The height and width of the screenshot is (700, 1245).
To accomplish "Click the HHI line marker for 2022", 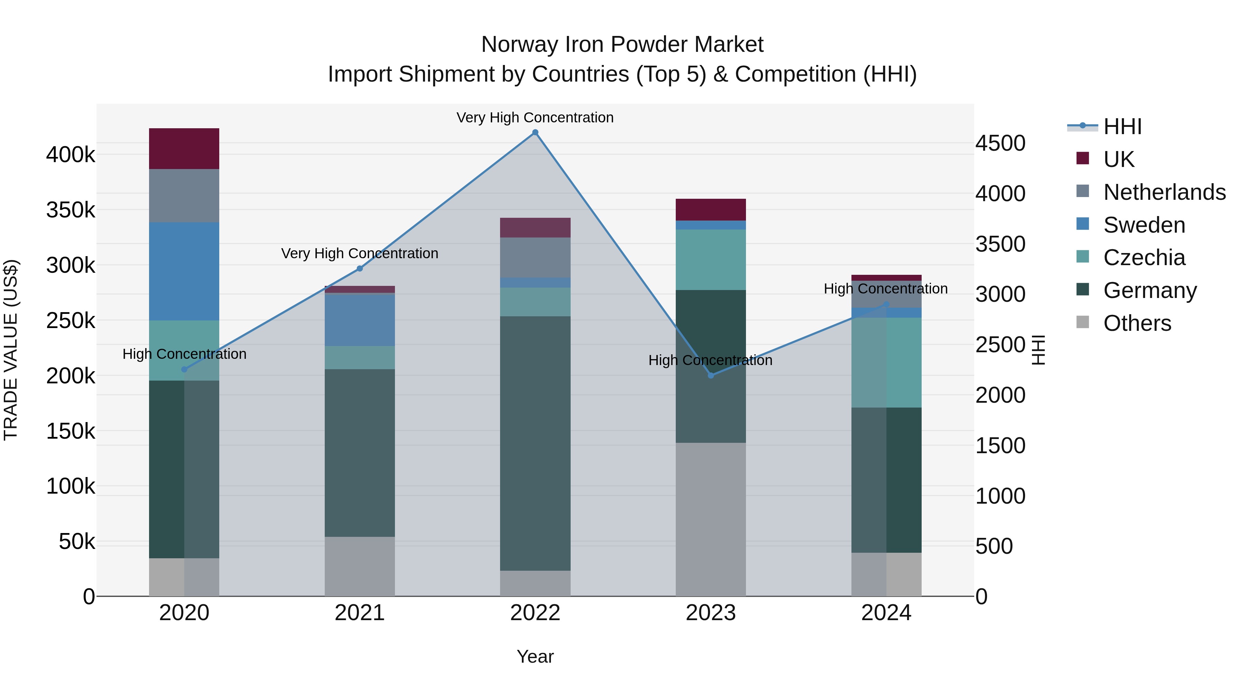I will tap(535, 132).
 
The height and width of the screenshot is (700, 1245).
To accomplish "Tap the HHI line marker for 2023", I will tap(710, 375).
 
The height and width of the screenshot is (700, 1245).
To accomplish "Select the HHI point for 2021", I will tap(360, 269).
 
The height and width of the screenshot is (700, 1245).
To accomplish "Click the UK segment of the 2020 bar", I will tap(184, 149).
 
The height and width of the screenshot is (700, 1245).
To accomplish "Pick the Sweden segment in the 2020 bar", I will tap(184, 271).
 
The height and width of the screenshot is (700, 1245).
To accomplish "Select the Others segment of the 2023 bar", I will tap(710, 519).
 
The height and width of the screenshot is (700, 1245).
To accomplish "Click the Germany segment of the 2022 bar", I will tap(535, 443).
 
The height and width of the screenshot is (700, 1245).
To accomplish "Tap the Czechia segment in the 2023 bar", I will tap(710, 259).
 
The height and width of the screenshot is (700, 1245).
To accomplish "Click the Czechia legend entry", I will tap(1144, 258).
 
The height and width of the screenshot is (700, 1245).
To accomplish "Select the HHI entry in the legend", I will tap(1122, 127).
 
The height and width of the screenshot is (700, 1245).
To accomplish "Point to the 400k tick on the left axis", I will tap(71, 155).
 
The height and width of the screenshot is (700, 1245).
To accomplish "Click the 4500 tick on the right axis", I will tap(1000, 143).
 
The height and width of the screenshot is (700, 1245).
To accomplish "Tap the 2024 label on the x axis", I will tap(886, 613).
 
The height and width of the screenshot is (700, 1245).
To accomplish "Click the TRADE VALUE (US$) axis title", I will tap(11, 350).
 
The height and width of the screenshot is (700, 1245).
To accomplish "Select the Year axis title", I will tap(535, 656).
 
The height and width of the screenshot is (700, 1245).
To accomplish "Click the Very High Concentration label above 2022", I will tap(535, 118).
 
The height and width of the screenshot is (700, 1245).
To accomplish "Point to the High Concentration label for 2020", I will tap(184, 354).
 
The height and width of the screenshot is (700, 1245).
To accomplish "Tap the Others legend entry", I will tap(1137, 323).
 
